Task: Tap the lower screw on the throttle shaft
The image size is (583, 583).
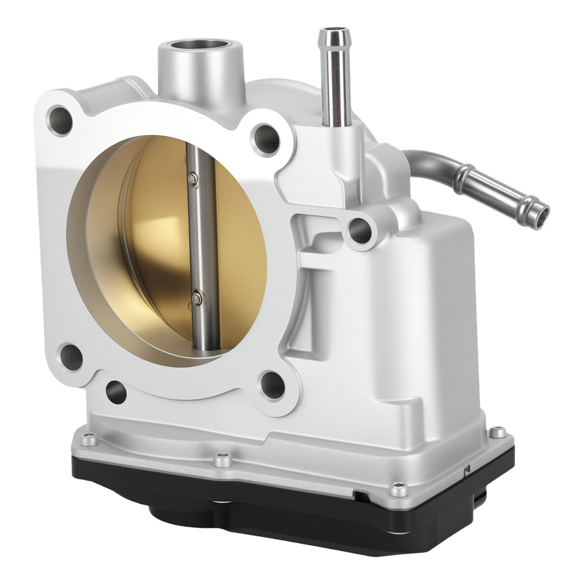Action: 197,298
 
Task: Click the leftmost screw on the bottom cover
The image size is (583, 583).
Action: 89,439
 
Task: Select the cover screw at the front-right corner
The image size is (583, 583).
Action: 398,490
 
